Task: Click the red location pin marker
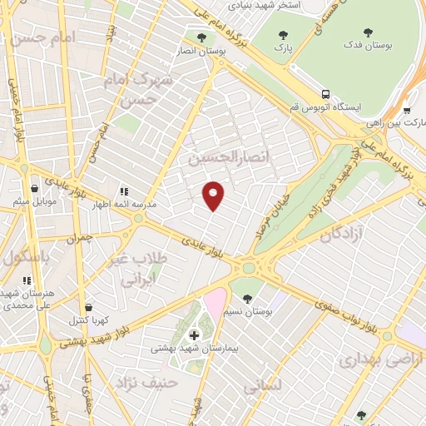[214, 196]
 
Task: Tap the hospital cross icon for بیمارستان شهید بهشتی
[195, 335]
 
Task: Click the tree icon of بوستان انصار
[200, 37]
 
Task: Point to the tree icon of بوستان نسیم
[246, 297]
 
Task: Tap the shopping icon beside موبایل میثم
[34, 189]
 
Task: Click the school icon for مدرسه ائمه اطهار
[124, 190]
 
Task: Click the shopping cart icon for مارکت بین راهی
[407, 109]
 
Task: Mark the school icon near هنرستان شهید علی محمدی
[27, 280]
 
